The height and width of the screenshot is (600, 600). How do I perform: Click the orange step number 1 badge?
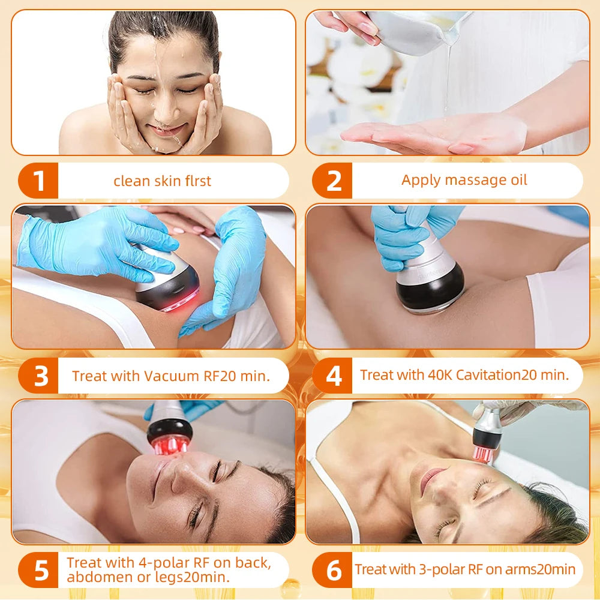tap(39, 181)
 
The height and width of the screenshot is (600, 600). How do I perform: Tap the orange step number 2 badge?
tap(333, 181)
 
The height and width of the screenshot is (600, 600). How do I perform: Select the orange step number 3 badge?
tap(39, 376)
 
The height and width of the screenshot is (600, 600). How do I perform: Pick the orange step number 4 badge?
tap(333, 376)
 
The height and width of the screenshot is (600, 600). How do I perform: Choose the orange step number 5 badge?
tap(39, 571)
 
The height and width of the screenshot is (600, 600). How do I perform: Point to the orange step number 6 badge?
tap(333, 571)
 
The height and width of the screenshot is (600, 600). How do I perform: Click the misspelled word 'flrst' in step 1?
tap(196, 181)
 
